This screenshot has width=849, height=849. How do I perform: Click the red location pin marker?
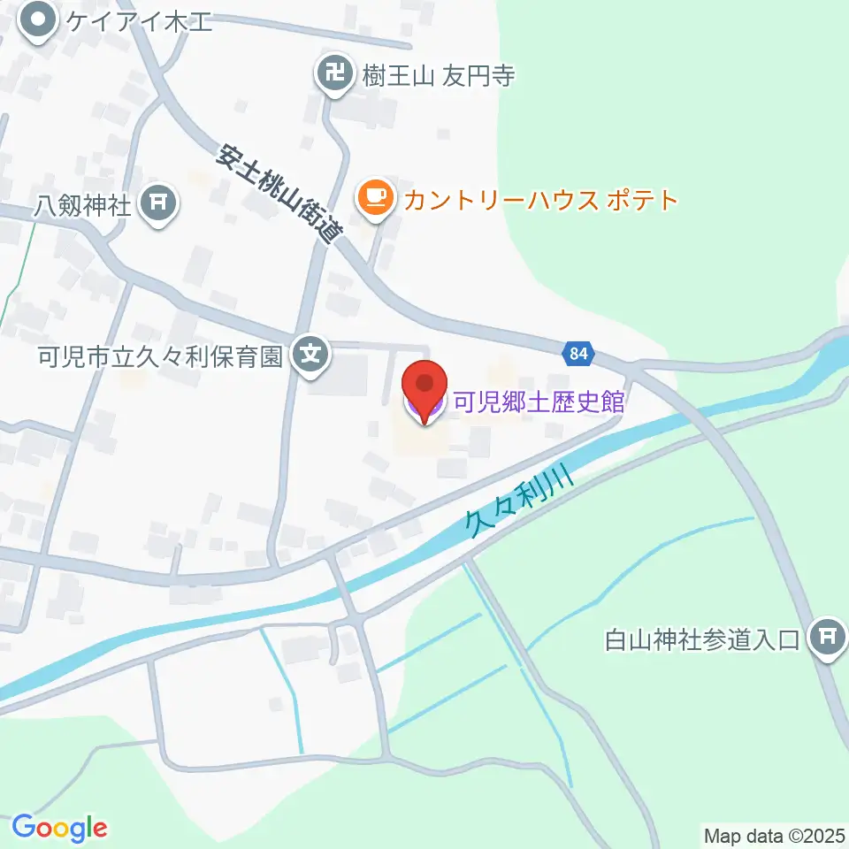click(424, 387)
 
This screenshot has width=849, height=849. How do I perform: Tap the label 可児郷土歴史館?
click(539, 403)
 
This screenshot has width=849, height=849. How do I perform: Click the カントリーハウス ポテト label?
click(540, 199)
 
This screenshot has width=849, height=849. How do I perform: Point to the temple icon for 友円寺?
click(334, 74)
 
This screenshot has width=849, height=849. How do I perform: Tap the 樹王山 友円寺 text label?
click(438, 75)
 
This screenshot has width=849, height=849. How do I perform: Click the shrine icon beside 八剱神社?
click(161, 205)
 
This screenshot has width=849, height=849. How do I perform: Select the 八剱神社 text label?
click(83, 207)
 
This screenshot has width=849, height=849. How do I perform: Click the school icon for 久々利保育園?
click(310, 356)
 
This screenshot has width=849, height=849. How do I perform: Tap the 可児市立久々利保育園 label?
click(159, 357)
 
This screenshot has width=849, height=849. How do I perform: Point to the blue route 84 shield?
click(577, 354)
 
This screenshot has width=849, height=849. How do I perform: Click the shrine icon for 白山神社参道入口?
click(829, 637)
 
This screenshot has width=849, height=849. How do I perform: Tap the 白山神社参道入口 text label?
click(702, 638)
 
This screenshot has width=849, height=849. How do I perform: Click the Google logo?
click(59, 828)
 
